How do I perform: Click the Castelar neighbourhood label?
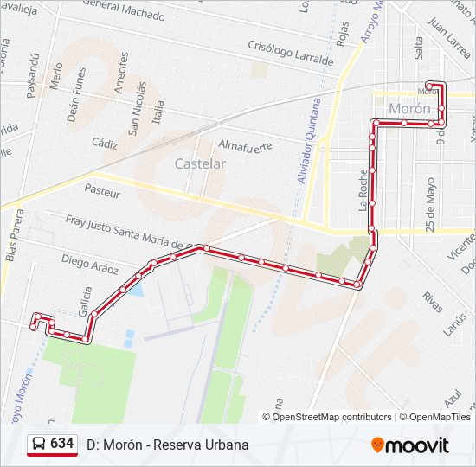200,163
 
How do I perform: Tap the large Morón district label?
409,108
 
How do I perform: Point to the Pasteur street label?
102,189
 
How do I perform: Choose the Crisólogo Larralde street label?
290,54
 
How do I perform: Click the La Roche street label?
363,189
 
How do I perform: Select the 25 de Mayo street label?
431,202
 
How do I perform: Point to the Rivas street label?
432,302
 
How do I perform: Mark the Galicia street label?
84,304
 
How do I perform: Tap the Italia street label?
158,113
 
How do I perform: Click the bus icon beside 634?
39,444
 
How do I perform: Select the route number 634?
61,444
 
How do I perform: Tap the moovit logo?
410,445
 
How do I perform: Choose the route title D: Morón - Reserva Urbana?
167,445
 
